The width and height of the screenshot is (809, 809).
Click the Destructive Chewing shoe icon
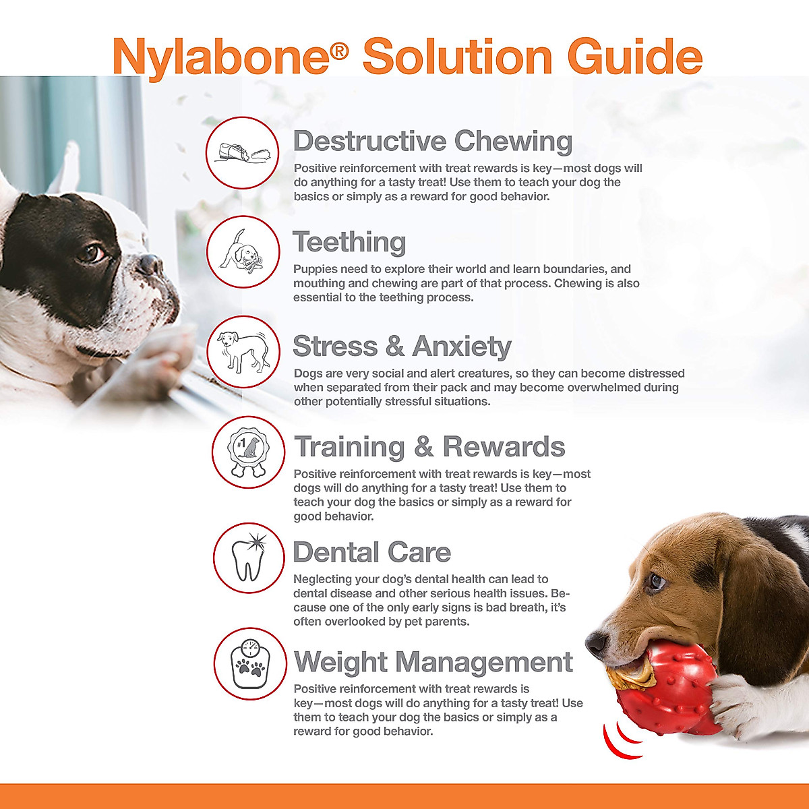coord(243,152)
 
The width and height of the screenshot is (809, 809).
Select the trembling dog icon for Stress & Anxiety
coord(243,352)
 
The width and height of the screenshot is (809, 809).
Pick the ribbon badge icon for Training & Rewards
coord(248,452)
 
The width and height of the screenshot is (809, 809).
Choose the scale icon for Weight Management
coord(249,664)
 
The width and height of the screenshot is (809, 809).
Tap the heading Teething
coord(349,242)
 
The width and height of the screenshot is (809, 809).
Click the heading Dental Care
coord(371,552)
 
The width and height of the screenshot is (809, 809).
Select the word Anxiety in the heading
coord(462,347)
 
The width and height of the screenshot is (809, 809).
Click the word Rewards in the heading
coord(504,447)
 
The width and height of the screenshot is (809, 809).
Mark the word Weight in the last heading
coord(341,663)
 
